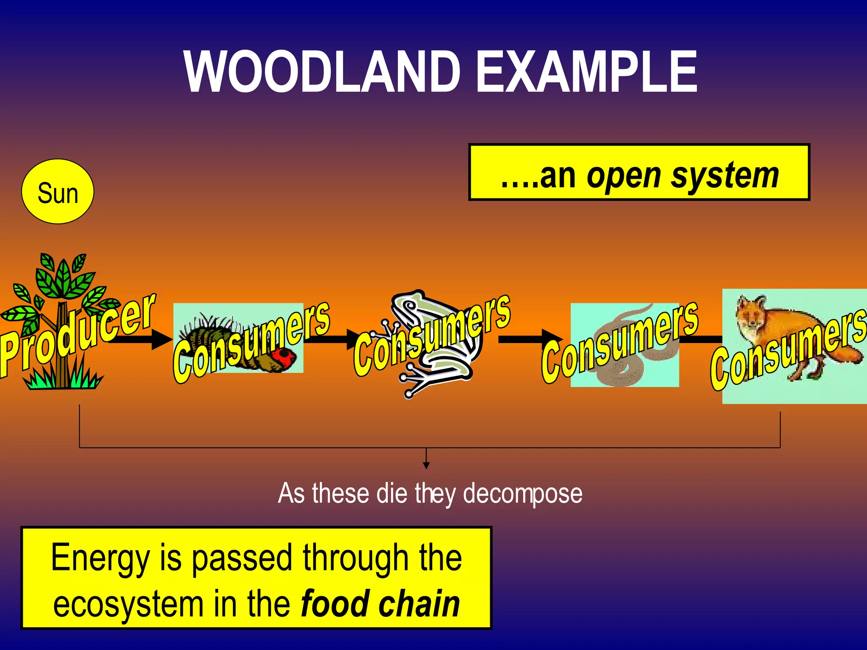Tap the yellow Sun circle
[x=58, y=192]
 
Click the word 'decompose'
[x=522, y=493]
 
